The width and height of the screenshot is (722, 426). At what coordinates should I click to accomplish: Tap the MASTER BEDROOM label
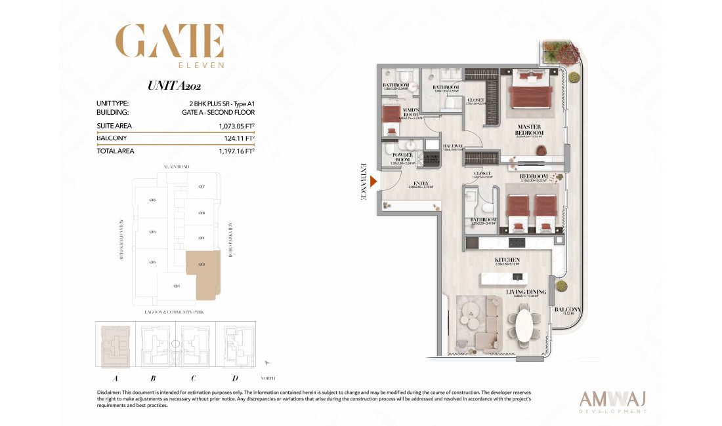pyautogui.click(x=530, y=130)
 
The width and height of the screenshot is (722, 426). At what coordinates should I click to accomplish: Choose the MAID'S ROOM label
pyautogui.click(x=394, y=111)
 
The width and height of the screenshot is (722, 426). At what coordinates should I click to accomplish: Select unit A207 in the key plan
pyautogui.click(x=202, y=187)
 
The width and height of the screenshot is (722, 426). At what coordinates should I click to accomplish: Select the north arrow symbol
pyautogui.click(x=268, y=362)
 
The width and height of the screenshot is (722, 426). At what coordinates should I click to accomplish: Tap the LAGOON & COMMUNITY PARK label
pyautogui.click(x=173, y=313)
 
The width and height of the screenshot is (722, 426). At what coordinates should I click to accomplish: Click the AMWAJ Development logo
pyautogui.click(x=614, y=400)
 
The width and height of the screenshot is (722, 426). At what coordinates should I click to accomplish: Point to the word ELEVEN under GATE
pyautogui.click(x=203, y=66)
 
